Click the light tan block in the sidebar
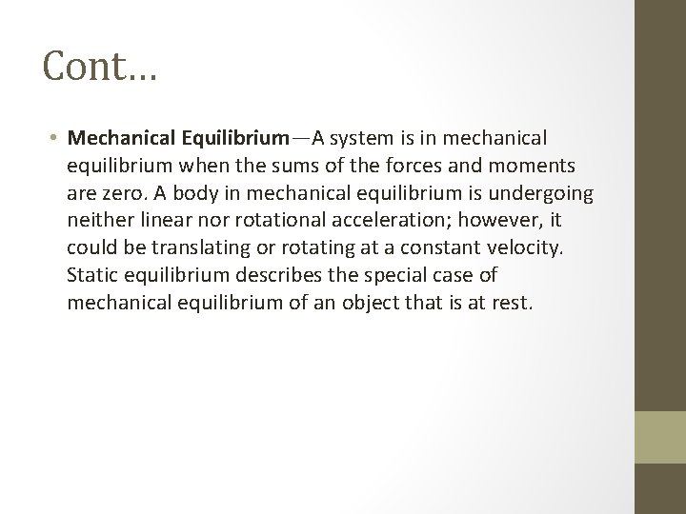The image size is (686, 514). (x=660, y=435)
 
